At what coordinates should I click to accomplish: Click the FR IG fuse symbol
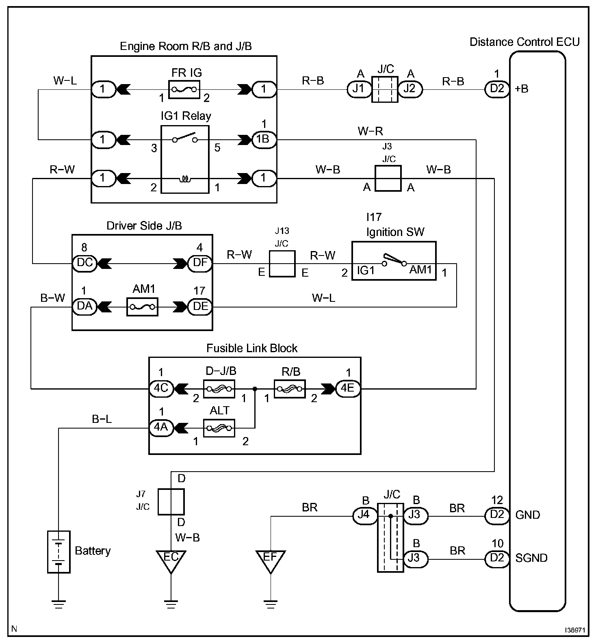(x=184, y=89)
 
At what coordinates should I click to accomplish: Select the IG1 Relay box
(x=185, y=159)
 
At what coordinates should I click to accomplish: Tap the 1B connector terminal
(x=264, y=139)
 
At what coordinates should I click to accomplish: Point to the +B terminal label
(x=522, y=89)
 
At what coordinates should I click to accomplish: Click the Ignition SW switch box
(x=394, y=261)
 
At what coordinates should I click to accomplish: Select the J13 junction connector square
(x=282, y=264)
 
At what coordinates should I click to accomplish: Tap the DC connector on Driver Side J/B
(x=84, y=263)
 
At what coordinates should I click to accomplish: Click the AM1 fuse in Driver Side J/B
(x=142, y=307)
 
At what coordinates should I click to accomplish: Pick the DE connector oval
(x=200, y=307)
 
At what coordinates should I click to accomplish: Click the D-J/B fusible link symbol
(x=219, y=389)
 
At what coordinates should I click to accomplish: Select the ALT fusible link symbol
(x=219, y=428)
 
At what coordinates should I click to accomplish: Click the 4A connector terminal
(x=161, y=428)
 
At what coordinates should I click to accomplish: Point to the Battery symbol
(x=59, y=551)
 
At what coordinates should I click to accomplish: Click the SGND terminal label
(x=531, y=559)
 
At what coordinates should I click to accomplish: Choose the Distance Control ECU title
(x=524, y=42)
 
